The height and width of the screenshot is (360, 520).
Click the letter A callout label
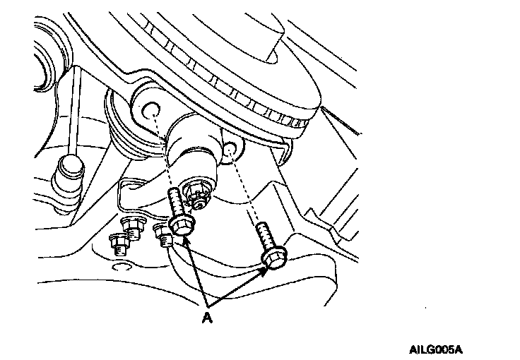tap(207, 318)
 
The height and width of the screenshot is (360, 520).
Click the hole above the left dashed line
tap(150, 111)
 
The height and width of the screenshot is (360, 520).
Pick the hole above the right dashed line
tap(230, 149)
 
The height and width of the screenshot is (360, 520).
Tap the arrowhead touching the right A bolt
tap(264, 269)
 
